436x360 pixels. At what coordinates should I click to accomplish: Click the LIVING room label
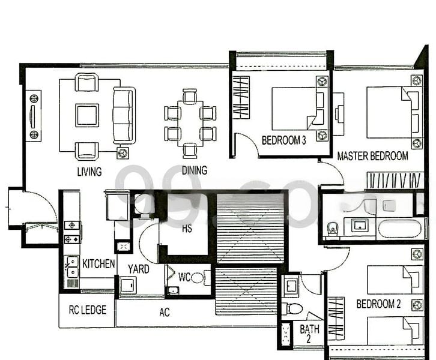coord(89,172)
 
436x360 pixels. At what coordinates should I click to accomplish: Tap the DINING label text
coord(195,170)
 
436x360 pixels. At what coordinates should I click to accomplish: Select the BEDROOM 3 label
coord(283,140)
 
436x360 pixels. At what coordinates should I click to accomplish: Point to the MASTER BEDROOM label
coord(372,156)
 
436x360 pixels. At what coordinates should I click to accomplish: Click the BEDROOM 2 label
coord(378,304)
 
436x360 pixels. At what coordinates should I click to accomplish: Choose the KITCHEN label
coord(98,263)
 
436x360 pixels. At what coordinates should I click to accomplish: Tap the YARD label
coord(139,269)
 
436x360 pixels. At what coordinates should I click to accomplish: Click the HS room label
coord(187,229)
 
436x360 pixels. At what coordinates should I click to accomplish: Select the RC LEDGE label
coord(88,310)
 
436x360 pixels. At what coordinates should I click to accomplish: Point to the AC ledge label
coord(165,312)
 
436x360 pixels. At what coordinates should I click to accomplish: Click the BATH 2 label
coord(309,334)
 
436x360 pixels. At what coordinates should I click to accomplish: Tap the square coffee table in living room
coord(87,115)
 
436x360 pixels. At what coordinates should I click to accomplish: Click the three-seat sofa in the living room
coord(124,115)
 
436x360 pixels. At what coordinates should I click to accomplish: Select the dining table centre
coord(190,124)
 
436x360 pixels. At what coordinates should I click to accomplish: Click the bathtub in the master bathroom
coord(399,229)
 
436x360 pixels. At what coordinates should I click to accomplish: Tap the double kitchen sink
coord(72,267)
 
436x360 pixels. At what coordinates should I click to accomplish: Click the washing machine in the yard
coord(128,285)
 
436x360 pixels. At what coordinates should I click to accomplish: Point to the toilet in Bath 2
coord(292,308)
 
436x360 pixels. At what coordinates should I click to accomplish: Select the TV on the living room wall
coord(33,116)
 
